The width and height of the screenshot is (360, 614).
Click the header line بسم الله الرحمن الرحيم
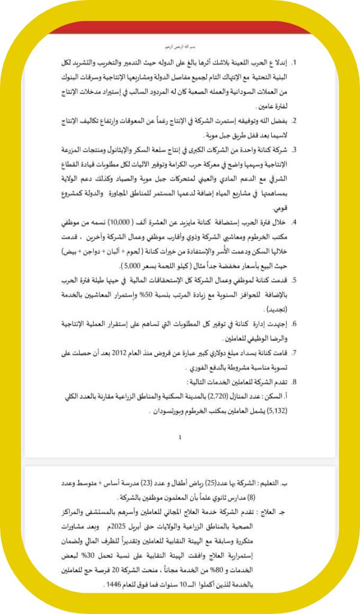coord(180,46)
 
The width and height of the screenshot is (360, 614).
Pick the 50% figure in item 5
coord(148,295)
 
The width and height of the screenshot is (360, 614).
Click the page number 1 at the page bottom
coord(180,438)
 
